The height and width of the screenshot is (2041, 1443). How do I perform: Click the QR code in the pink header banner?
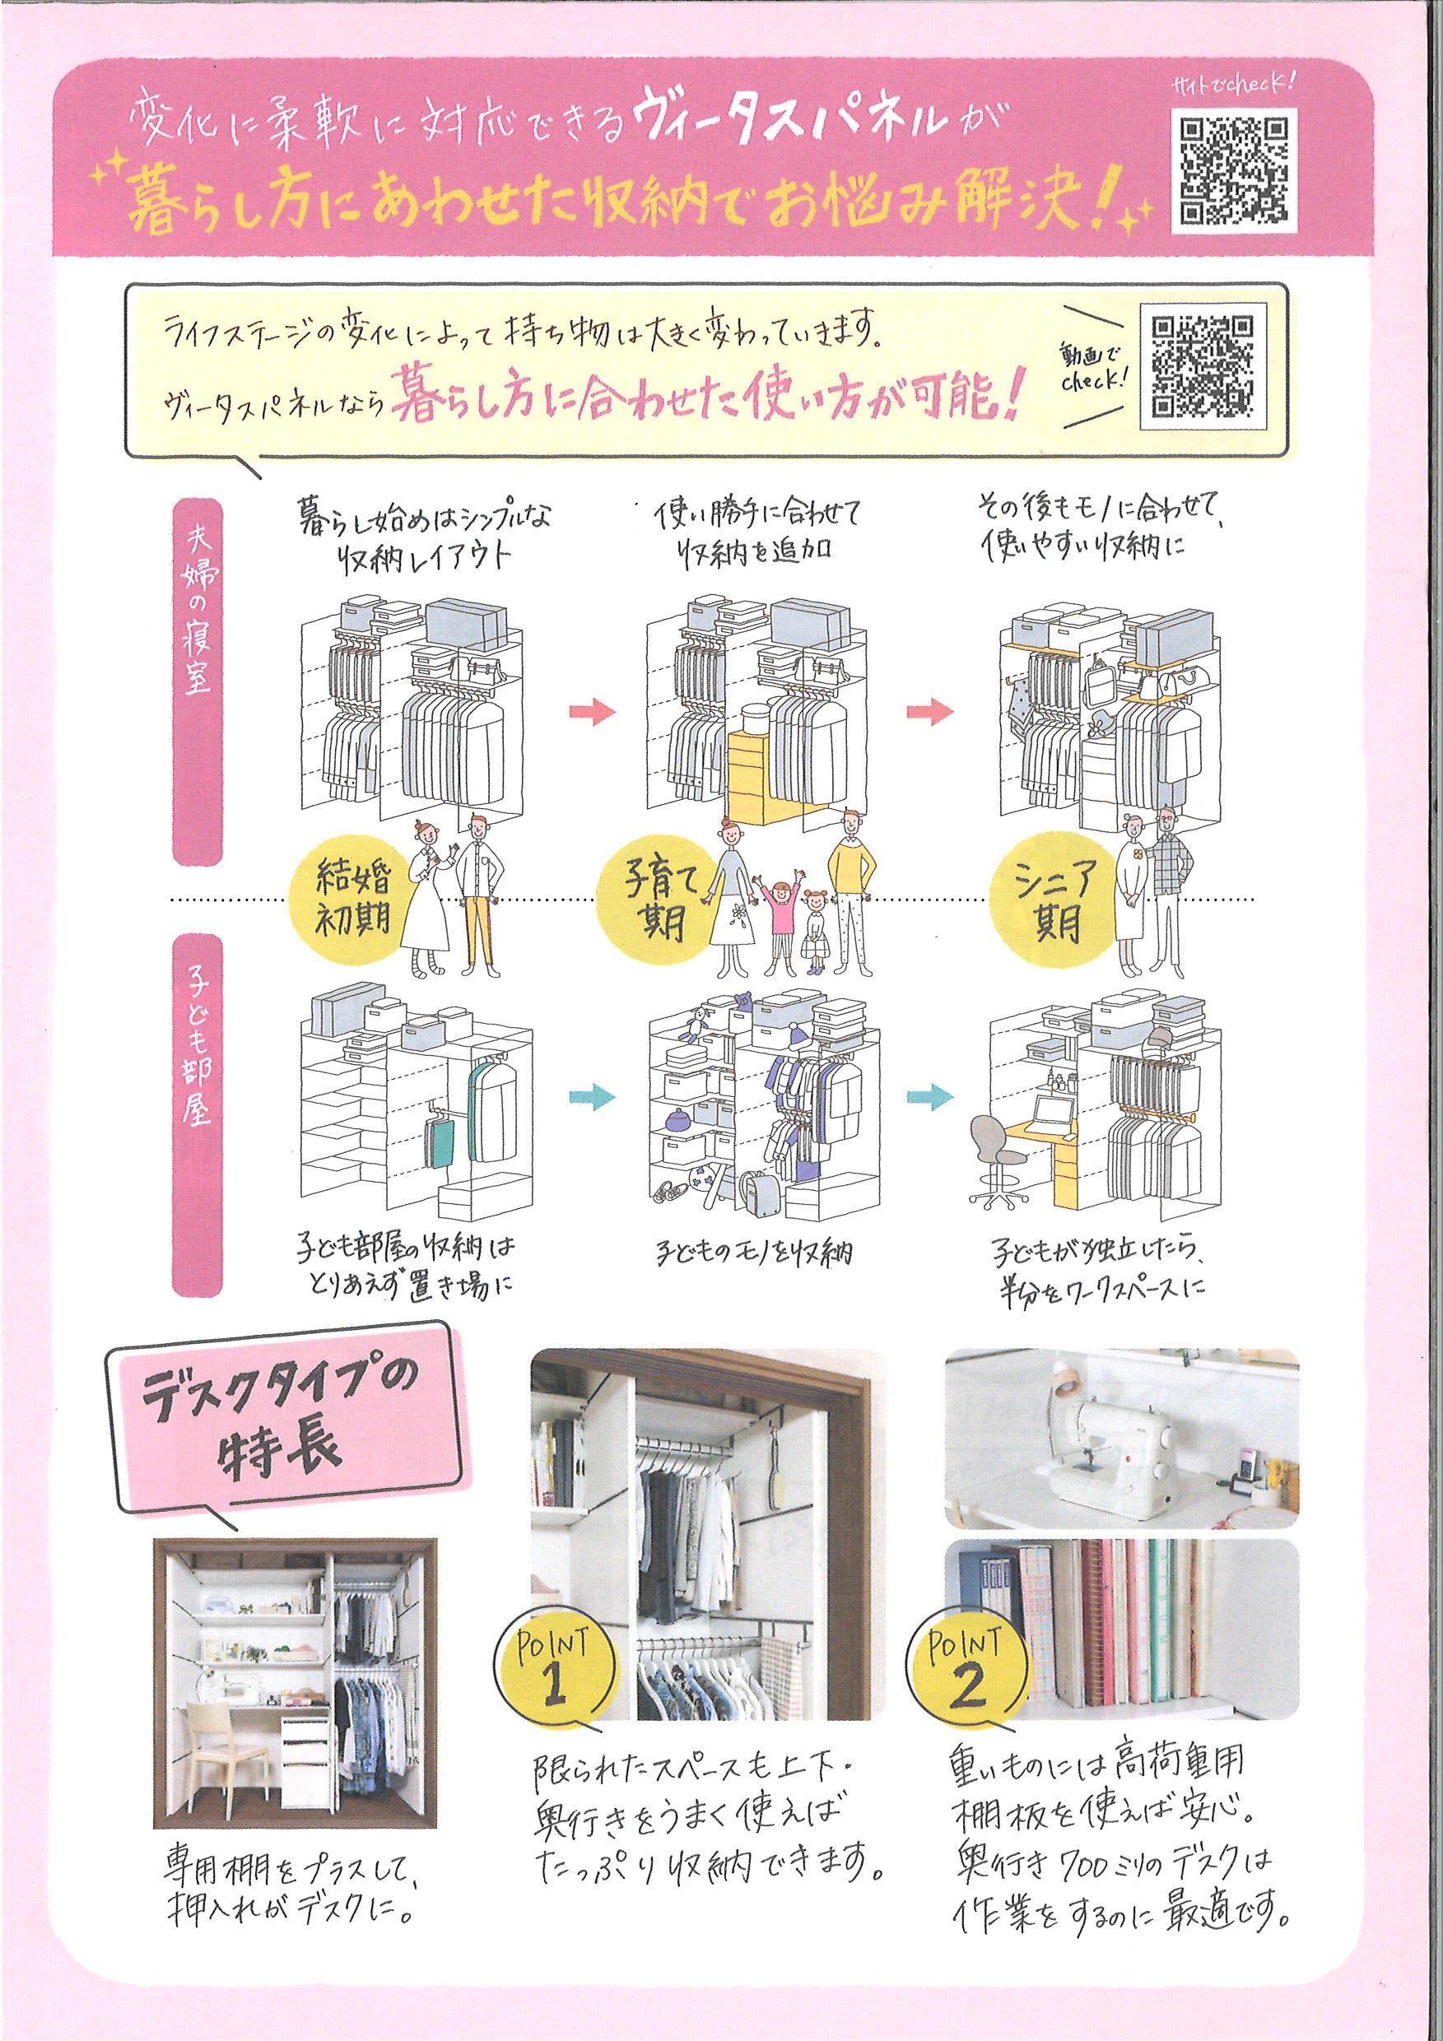point(1234,169)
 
